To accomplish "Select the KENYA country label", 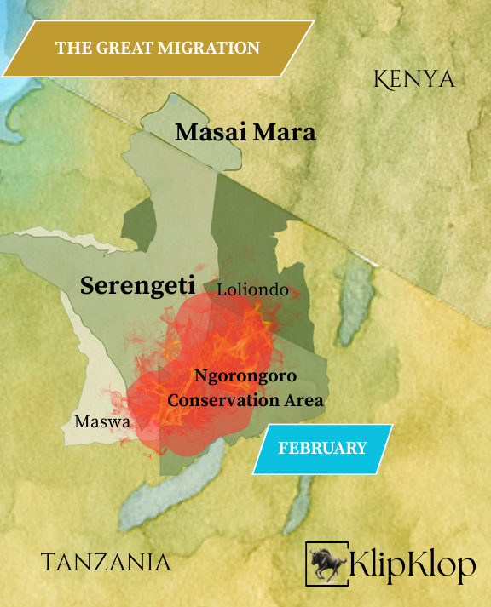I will pos(414,80).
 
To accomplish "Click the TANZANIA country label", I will pos(106,562).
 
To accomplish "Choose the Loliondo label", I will pos(252,290).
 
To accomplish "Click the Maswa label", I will pos(101,421).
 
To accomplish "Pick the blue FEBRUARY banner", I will pos(322,448).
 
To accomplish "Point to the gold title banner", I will pos(157,49).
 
